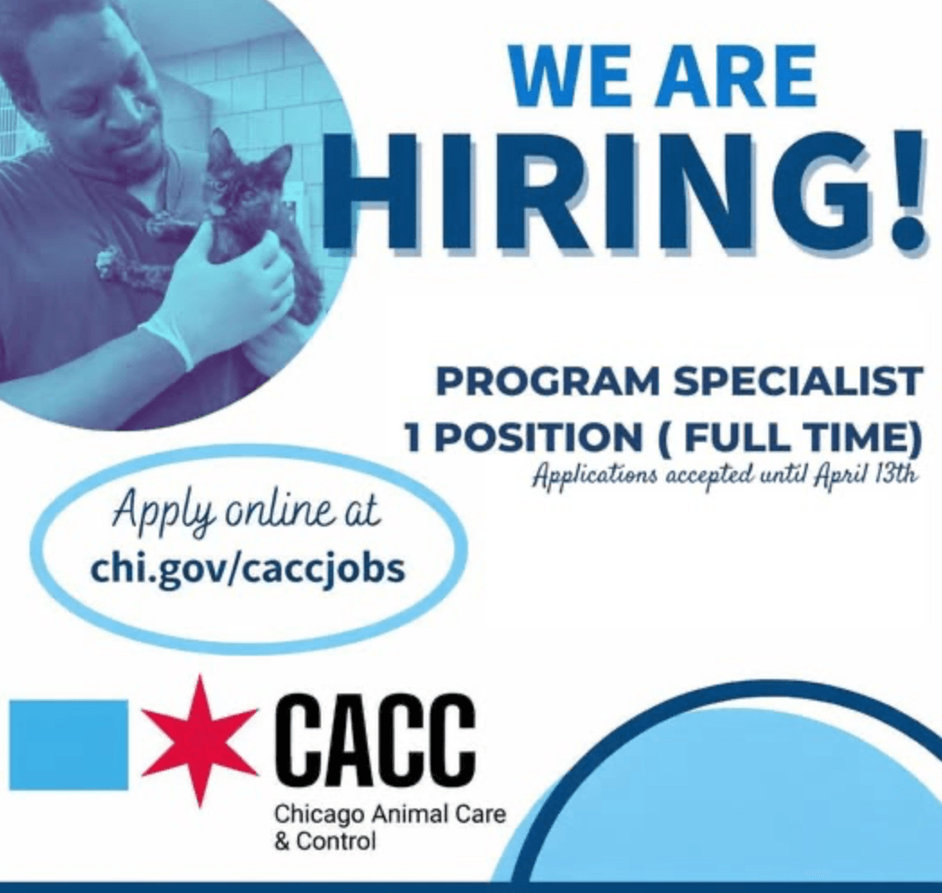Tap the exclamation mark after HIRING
click(906, 191)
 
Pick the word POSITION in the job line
click(538, 438)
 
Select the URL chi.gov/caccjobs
click(247, 568)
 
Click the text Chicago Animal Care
click(390, 815)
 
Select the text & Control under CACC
click(325, 841)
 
